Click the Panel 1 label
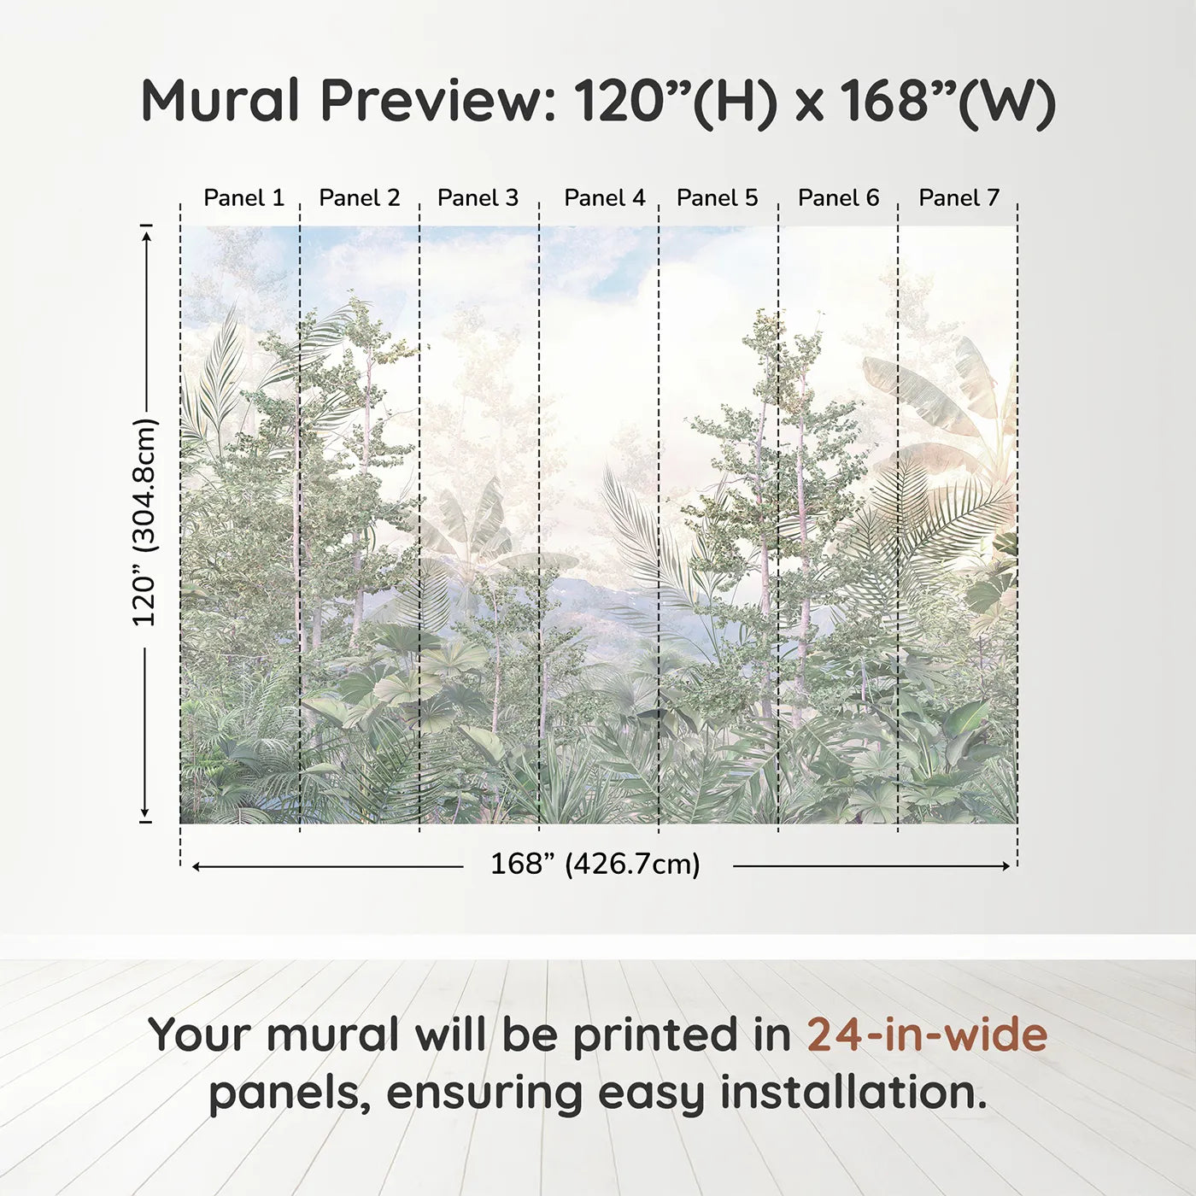click(243, 198)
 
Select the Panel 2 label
click(359, 198)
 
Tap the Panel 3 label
click(478, 198)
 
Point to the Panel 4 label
click(604, 198)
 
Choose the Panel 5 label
click(717, 198)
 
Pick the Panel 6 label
click(838, 198)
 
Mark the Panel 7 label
click(959, 198)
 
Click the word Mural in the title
click(220, 101)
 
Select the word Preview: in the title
click(438, 101)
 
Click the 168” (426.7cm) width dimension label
click(595, 865)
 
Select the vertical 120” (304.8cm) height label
click(144, 523)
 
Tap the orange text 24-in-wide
click(927, 1035)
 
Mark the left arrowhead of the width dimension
click(196, 866)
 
